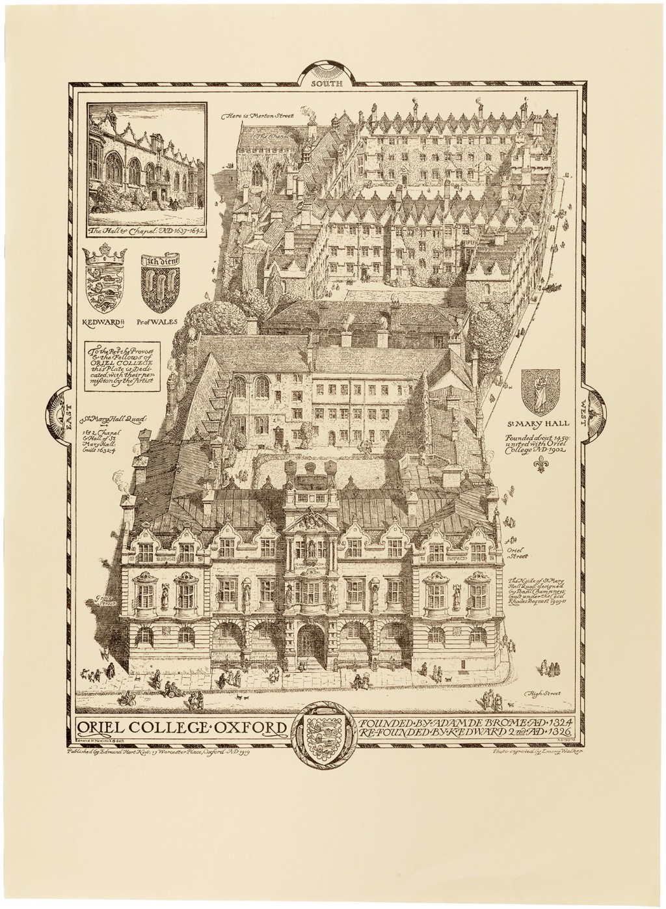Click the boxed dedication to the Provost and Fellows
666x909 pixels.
pyautogui.click(x=123, y=370)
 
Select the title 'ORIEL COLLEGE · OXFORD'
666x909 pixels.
pyautogui.click(x=181, y=727)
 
